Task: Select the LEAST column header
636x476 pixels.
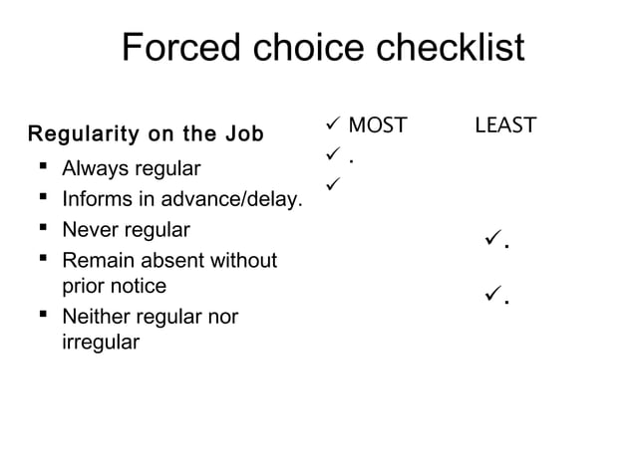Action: pos(505,125)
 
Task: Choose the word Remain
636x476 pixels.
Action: pos(96,262)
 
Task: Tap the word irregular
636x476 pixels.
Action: pos(101,343)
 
